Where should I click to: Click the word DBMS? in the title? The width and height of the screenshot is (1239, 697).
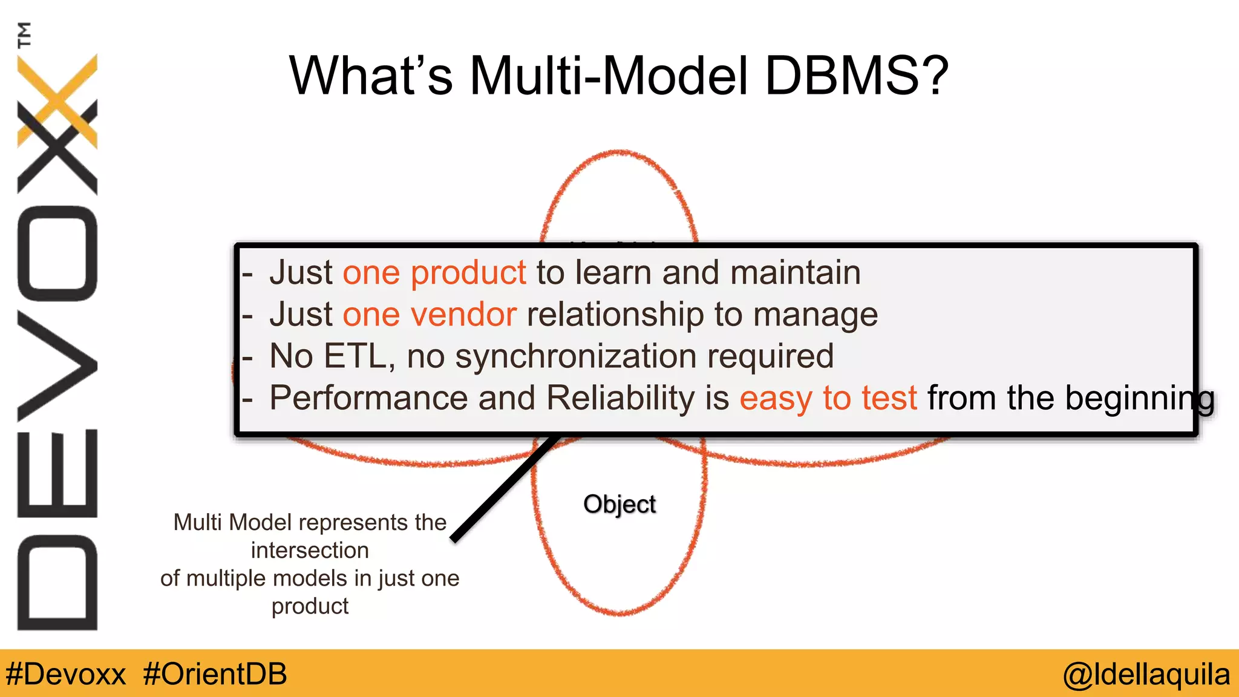pyautogui.click(x=857, y=76)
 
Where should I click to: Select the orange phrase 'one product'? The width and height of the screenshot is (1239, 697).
pyautogui.click(x=434, y=273)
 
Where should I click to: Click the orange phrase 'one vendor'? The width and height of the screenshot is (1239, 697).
pyautogui.click(x=429, y=315)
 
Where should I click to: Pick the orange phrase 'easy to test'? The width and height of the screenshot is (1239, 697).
pyautogui.click(x=828, y=399)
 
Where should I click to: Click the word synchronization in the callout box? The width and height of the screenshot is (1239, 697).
pyautogui.click(x=575, y=356)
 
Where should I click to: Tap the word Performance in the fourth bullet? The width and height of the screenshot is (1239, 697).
pyautogui.click(x=368, y=399)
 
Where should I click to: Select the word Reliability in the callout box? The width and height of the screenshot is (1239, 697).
pyautogui.click(x=620, y=399)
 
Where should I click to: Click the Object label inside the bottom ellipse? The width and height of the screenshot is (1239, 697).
pyautogui.click(x=619, y=504)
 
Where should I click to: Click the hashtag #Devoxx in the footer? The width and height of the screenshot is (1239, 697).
pyautogui.click(x=65, y=674)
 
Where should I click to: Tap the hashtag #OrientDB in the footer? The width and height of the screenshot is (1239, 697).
pyautogui.click(x=215, y=674)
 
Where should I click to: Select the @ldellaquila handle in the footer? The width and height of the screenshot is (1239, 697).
pyautogui.click(x=1146, y=674)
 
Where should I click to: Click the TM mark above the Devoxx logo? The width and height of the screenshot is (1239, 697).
pyautogui.click(x=24, y=35)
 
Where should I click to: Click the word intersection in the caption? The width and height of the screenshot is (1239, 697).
pyautogui.click(x=309, y=551)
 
